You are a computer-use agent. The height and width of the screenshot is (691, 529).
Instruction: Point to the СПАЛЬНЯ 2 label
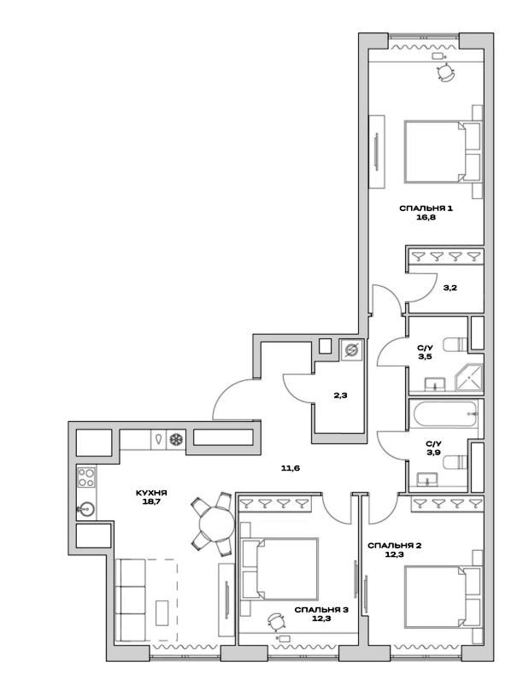[x=394, y=544]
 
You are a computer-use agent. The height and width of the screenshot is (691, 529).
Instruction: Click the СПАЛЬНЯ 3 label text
[x=321, y=609]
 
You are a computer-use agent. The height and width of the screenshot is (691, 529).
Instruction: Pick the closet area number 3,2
[x=451, y=288]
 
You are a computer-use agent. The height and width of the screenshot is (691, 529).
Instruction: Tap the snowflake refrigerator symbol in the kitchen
[x=177, y=439]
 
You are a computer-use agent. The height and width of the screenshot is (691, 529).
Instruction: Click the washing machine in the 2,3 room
[x=351, y=349]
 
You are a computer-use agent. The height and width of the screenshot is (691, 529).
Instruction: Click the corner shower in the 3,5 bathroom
[x=469, y=377]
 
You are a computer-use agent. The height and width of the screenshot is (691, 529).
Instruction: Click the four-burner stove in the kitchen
[x=86, y=476]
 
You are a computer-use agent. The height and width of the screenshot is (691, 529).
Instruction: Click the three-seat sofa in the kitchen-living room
[x=131, y=596]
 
